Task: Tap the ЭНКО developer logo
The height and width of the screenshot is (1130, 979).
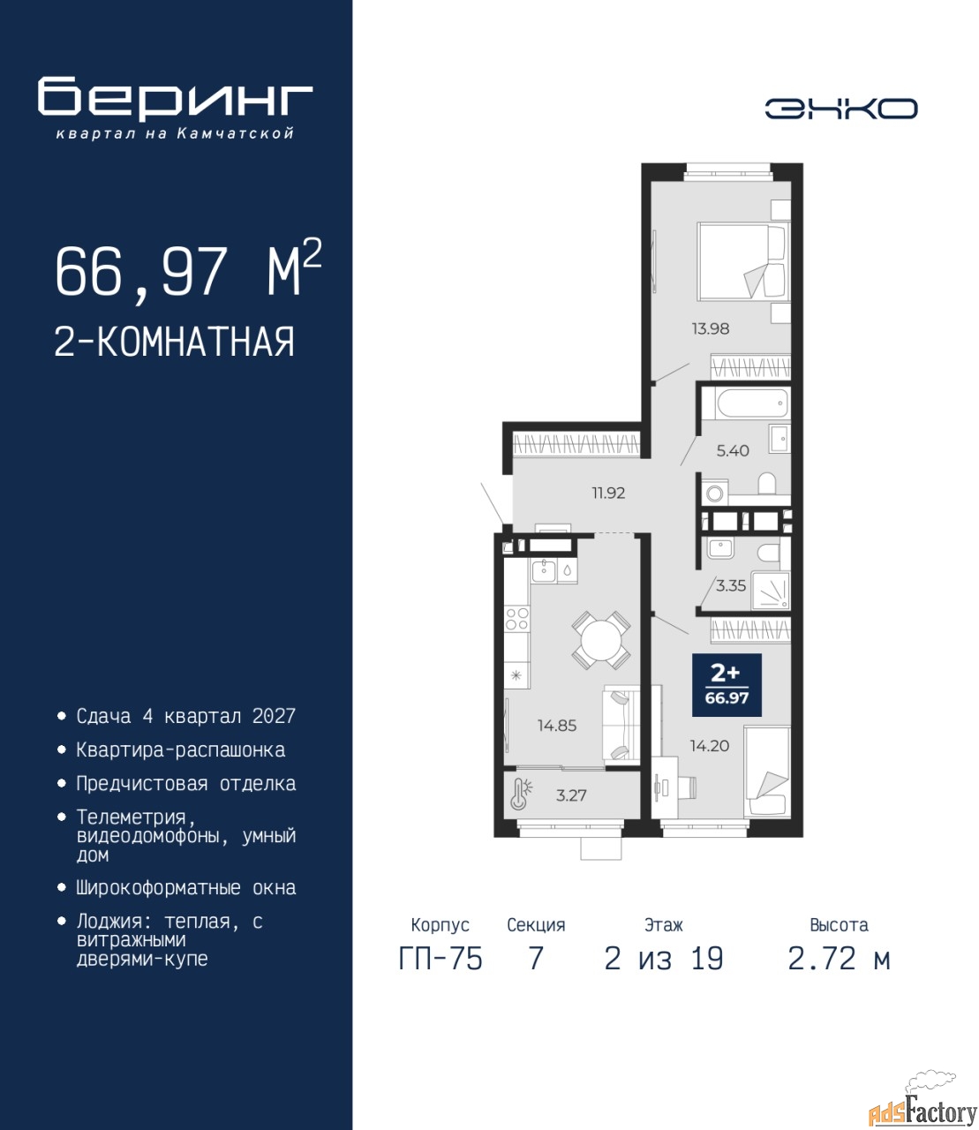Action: (840, 109)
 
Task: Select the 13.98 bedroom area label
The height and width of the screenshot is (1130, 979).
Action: (710, 328)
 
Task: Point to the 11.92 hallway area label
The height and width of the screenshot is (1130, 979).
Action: (608, 493)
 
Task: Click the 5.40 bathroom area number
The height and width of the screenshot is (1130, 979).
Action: (733, 451)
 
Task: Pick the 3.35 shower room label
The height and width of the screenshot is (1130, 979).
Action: (731, 586)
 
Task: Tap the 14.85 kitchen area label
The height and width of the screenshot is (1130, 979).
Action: (556, 726)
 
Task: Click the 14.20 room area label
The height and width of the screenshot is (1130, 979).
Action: (710, 746)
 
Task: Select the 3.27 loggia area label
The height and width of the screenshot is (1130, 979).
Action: (571, 795)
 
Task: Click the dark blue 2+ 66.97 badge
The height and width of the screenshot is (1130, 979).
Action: (727, 684)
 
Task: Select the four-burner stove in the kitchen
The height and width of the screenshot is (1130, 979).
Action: (516, 619)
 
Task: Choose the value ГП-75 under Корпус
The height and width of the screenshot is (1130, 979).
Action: (441, 959)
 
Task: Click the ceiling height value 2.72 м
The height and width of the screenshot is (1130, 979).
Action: (839, 959)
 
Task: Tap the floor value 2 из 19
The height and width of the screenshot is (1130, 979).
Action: (664, 959)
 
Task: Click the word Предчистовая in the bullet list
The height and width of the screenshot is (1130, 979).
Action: (142, 784)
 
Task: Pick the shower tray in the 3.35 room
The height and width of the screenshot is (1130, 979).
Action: (771, 591)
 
